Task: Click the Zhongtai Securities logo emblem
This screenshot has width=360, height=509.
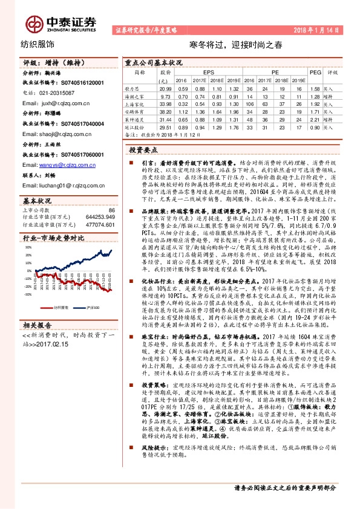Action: [x=34, y=23]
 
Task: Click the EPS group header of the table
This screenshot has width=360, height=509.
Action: [x=209, y=71]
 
